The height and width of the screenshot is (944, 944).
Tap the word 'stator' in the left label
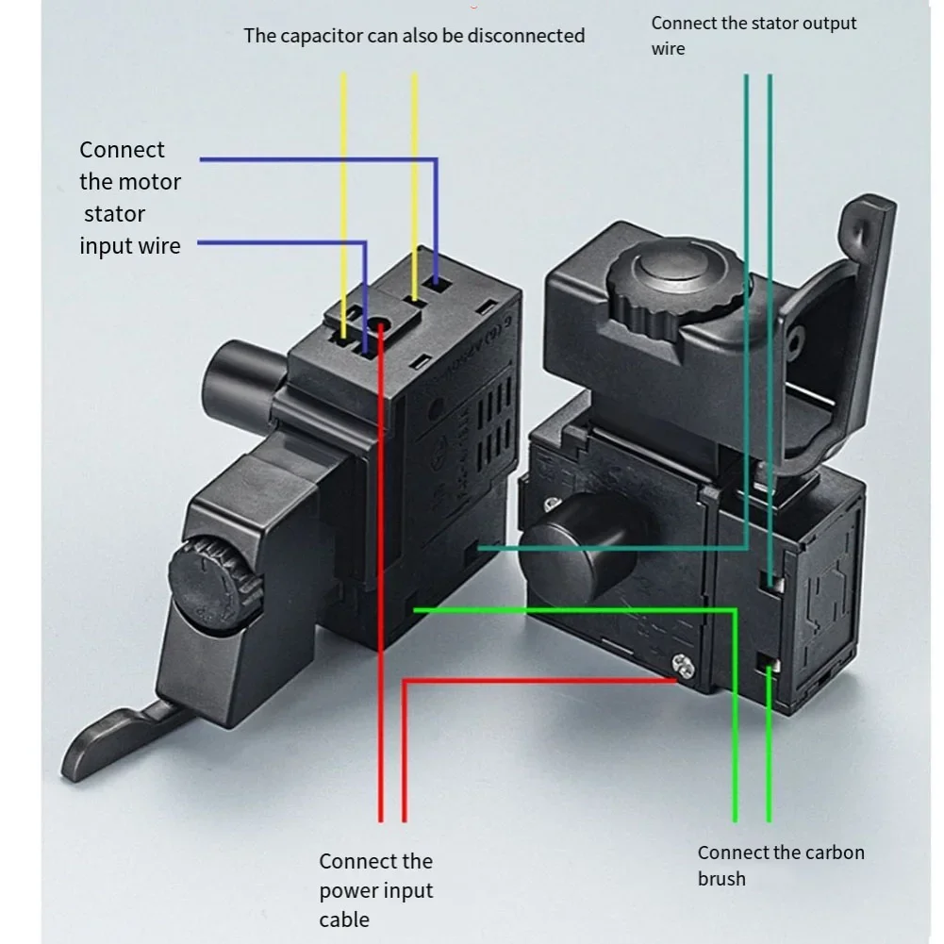[115, 214]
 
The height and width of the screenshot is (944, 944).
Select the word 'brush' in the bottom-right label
[721, 879]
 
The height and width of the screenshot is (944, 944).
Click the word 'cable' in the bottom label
[344, 919]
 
